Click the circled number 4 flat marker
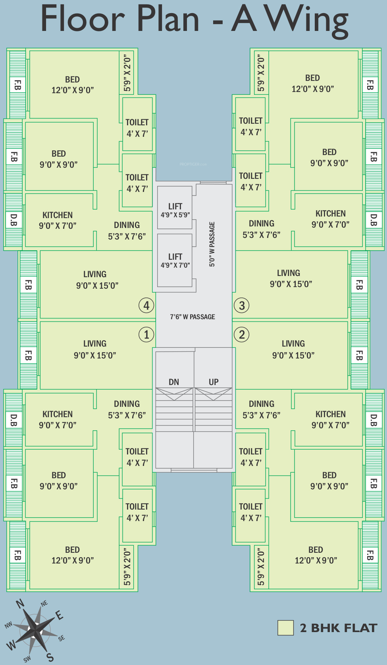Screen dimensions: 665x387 coord(146,306)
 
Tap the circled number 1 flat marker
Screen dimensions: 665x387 coord(146,335)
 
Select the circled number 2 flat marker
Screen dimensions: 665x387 coord(242,335)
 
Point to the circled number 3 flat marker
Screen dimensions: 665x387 coord(242,306)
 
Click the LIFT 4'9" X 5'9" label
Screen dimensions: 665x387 coord(175,210)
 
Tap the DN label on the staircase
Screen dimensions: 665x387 coord(174,382)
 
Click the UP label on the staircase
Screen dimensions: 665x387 coord(214,382)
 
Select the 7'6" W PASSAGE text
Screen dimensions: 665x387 coord(193,317)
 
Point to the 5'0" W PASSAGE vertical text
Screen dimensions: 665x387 coord(212,244)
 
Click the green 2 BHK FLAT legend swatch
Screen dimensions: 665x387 coord(285,628)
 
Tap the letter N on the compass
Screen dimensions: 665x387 coord(20,604)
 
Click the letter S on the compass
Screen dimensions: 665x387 coord(50,657)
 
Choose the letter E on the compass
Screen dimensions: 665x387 coord(59,615)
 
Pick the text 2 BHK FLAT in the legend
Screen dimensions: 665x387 coord(338,628)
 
